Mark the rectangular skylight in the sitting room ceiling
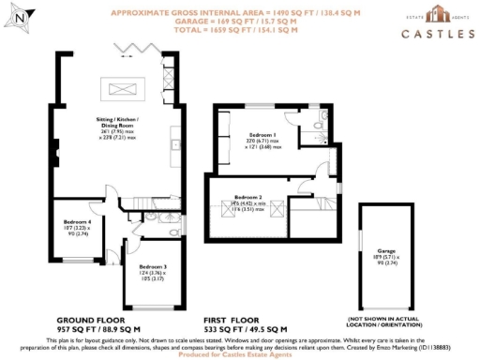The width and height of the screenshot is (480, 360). (x=125, y=89)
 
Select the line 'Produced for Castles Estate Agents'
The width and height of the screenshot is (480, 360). (x=239, y=354)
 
